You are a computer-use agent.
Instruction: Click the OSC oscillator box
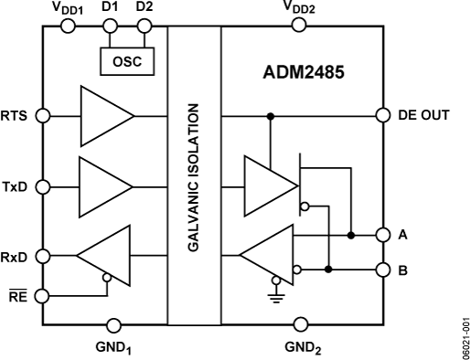pyautogui.click(x=127, y=61)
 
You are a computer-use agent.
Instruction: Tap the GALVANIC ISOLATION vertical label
pyautogui.click(x=194, y=175)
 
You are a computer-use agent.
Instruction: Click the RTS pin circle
pyautogui.click(x=43, y=116)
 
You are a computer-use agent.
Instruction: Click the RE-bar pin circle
pyautogui.click(x=43, y=295)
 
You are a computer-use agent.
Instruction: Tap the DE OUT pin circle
pyautogui.click(x=382, y=116)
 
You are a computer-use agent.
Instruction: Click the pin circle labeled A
pyautogui.click(x=382, y=235)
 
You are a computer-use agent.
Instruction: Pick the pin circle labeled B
pyautogui.click(x=382, y=270)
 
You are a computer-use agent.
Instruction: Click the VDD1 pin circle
pyautogui.click(x=67, y=26)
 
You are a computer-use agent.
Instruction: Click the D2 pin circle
pyautogui.click(x=144, y=26)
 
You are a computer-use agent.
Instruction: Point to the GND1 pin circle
pyautogui.click(x=114, y=324)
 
